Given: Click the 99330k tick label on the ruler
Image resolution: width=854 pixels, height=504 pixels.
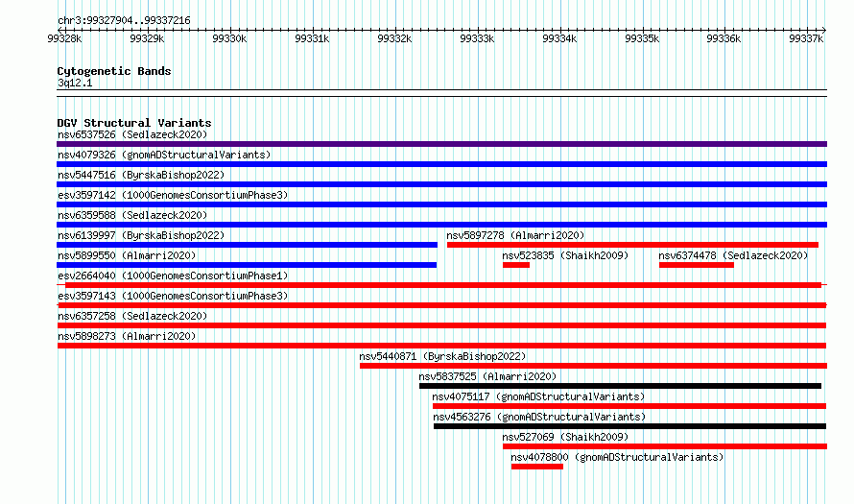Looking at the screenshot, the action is tap(229, 38).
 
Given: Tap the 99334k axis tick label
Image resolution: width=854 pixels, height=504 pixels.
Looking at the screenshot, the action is tap(559, 38).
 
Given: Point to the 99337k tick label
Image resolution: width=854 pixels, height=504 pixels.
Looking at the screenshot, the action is tap(806, 38).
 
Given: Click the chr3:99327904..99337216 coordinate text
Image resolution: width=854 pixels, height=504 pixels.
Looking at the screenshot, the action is tap(124, 21).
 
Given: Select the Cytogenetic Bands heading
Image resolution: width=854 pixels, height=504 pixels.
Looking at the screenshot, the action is tap(114, 71).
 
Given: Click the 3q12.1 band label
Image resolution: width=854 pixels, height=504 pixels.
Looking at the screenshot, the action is tap(75, 83).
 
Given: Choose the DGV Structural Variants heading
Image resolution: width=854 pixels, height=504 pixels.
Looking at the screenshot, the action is tap(134, 123).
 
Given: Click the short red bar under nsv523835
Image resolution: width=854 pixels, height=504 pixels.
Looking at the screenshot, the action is tap(516, 265).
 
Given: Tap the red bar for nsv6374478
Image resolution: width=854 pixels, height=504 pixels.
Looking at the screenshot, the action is tap(696, 265).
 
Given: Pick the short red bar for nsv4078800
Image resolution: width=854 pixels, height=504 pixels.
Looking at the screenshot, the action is tap(537, 467).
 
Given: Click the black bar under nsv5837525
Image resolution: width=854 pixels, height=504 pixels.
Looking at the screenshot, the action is tap(620, 386).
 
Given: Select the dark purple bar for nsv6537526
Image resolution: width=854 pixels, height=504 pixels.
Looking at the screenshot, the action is tap(441, 144).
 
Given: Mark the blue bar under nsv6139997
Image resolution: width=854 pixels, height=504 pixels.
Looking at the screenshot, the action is tap(247, 245).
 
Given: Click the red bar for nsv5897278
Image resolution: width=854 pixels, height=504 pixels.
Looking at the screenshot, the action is tap(632, 245).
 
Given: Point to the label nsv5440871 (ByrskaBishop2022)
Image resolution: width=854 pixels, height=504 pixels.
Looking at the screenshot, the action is tap(442, 356).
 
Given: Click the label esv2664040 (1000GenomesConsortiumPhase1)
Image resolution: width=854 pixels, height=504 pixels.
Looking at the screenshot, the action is tap(173, 276).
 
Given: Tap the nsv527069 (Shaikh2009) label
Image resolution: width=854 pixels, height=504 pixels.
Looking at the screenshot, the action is tap(565, 437).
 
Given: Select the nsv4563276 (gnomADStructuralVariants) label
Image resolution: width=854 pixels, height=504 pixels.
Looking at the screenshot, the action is tap(539, 417).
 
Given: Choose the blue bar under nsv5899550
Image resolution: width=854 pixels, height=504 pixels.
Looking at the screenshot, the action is tap(247, 265).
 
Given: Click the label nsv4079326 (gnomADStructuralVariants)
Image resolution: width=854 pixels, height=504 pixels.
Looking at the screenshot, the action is tap(164, 155).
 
